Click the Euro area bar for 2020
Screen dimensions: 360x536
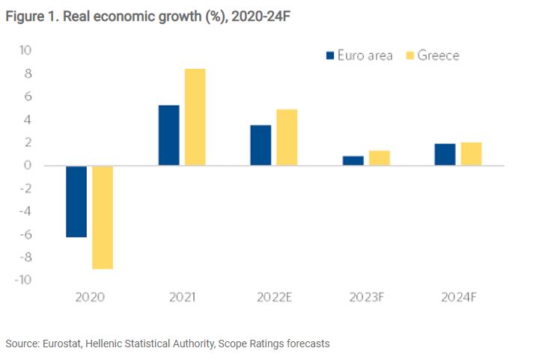click(x=76, y=201)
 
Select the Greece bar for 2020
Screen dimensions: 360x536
click(x=102, y=217)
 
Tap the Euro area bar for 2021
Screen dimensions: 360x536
click(x=168, y=135)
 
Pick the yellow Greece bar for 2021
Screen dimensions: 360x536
click(x=195, y=117)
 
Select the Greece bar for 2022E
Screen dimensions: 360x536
click(x=287, y=137)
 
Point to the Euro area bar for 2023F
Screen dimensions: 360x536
click(x=353, y=160)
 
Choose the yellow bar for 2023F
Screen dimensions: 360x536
click(x=379, y=158)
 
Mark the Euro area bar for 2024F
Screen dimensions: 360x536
click(x=445, y=154)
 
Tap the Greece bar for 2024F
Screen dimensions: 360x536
click(x=471, y=153)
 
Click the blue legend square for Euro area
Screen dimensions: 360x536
click(x=329, y=55)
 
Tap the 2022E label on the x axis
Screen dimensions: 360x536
click(x=274, y=297)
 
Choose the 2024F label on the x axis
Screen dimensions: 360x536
click(x=457, y=297)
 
